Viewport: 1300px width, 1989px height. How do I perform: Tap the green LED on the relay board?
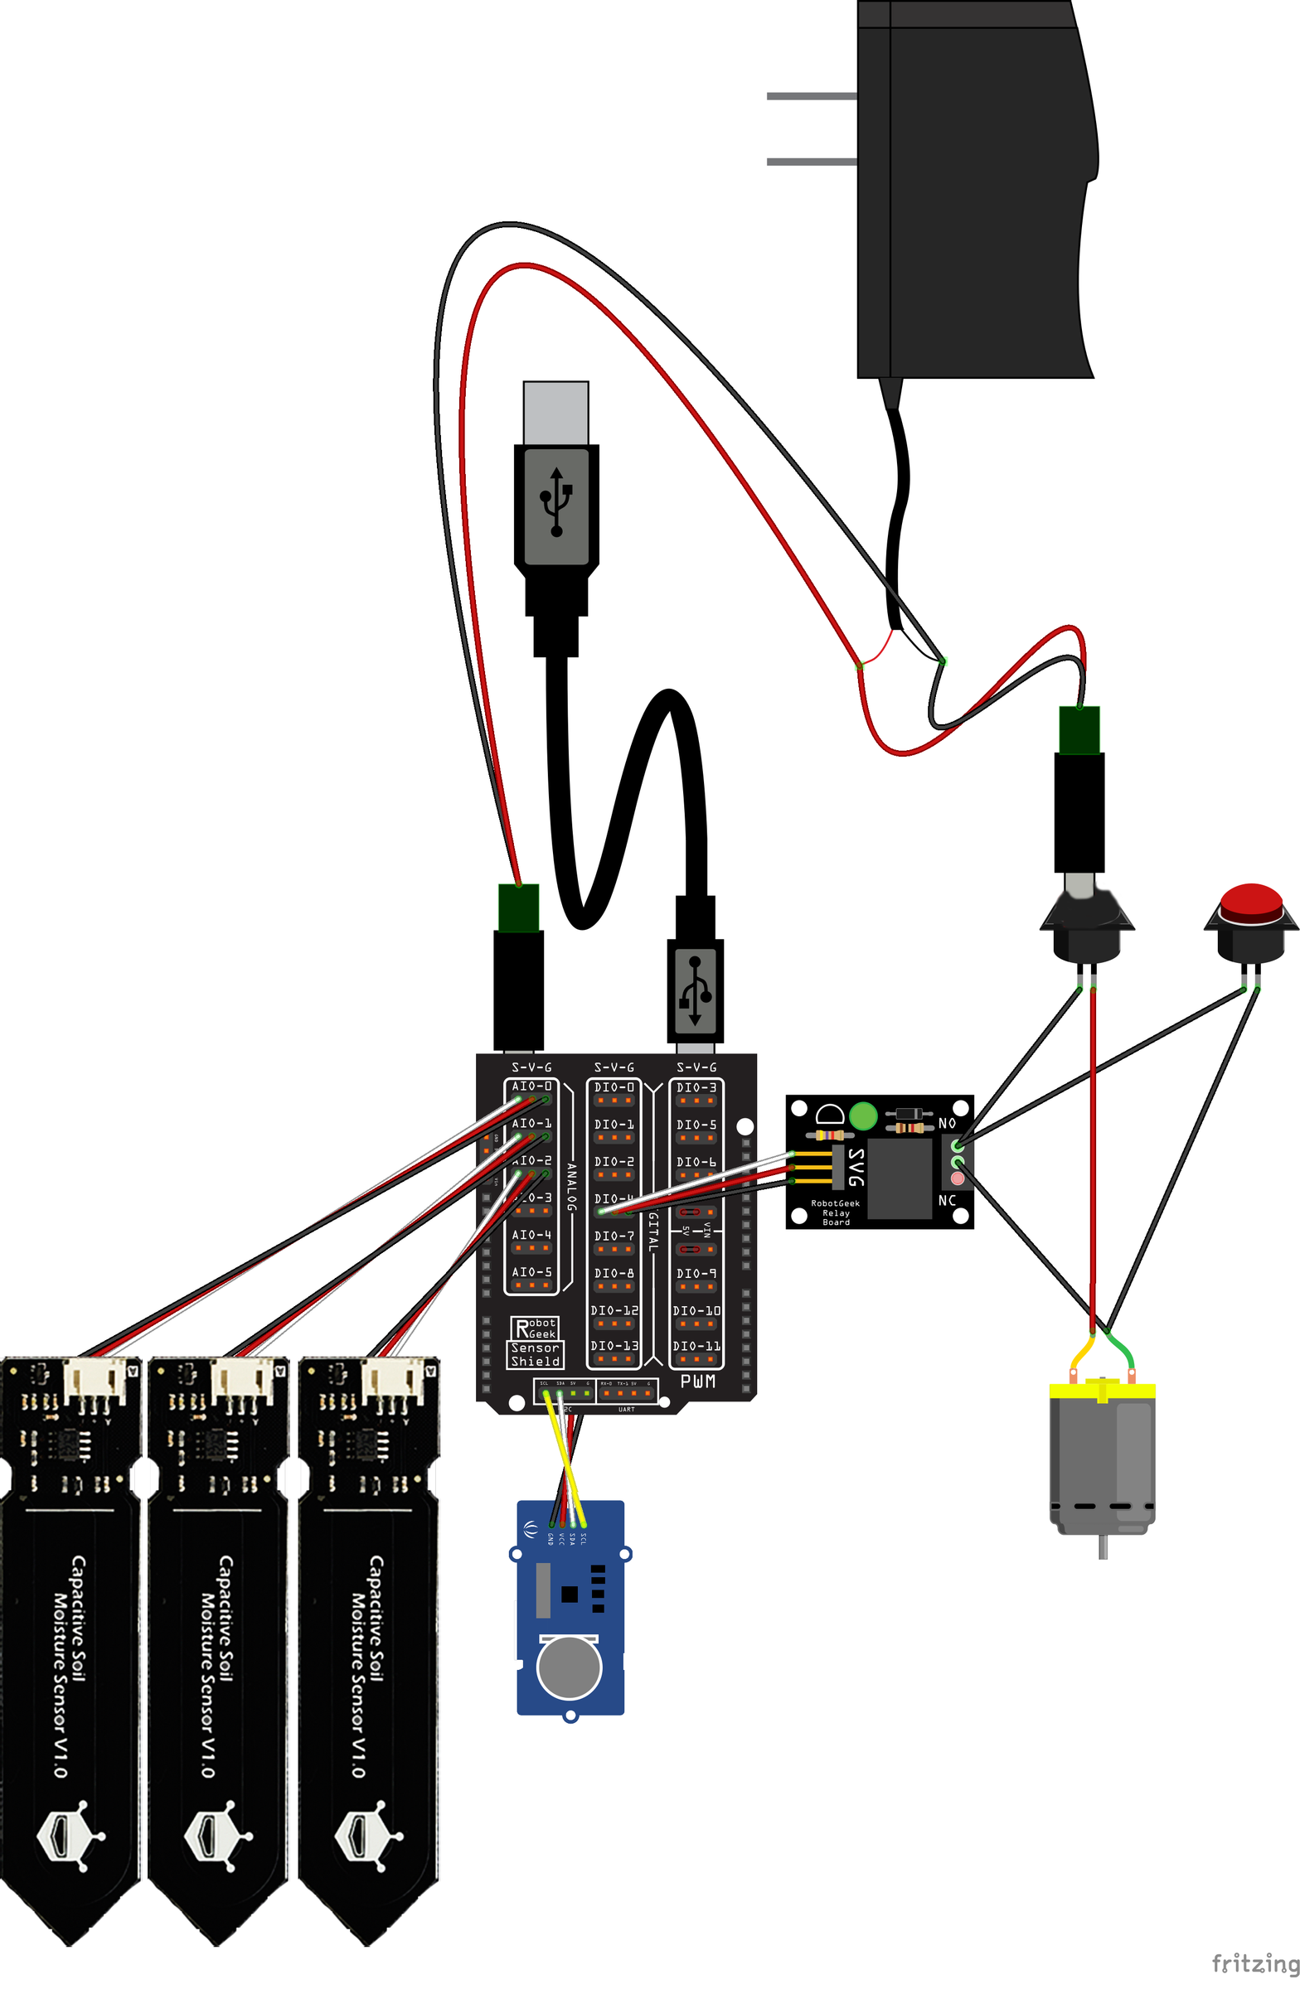click(862, 1115)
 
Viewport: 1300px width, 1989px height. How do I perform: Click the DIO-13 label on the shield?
click(614, 1347)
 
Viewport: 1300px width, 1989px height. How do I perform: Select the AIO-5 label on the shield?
click(531, 1272)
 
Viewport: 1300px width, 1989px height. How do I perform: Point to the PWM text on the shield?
click(697, 1382)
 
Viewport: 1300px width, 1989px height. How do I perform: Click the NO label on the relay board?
click(946, 1123)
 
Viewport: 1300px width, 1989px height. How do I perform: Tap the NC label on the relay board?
click(946, 1200)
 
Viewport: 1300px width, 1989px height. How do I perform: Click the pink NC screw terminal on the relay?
click(958, 1178)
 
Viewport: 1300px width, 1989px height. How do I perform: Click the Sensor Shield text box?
click(535, 1355)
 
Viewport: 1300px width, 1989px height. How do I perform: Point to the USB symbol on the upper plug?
click(556, 501)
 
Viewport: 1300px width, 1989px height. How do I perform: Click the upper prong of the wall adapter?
click(811, 96)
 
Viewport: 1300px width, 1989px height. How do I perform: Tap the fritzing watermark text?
click(1255, 1963)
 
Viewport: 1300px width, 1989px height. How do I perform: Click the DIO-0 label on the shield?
click(614, 1087)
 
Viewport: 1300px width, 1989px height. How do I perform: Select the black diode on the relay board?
click(908, 1113)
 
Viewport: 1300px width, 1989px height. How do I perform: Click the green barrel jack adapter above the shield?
click(518, 907)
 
